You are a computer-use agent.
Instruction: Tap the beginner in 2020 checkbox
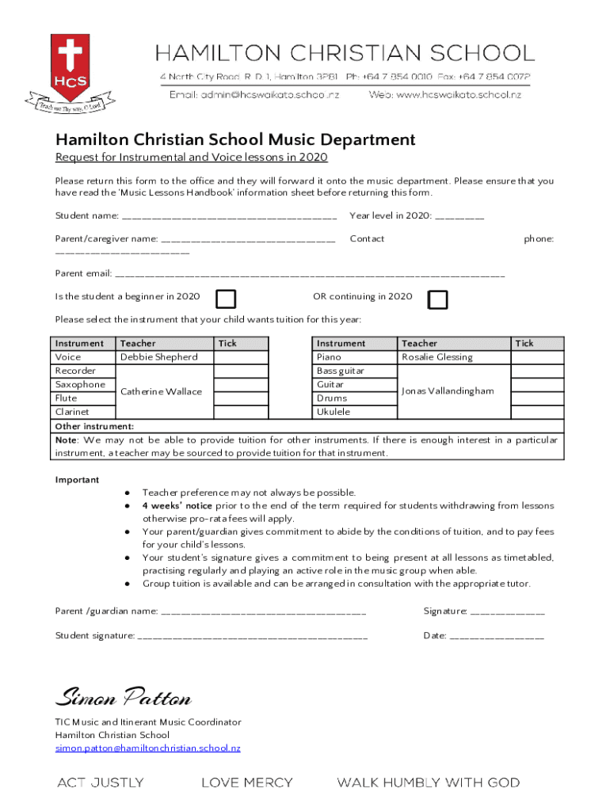pyautogui.click(x=227, y=299)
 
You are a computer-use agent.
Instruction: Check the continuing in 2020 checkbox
pyautogui.click(x=437, y=299)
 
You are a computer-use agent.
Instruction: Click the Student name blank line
pyautogui.click(x=229, y=216)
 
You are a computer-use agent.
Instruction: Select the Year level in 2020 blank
pyautogui.click(x=459, y=216)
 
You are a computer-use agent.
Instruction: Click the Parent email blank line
pyautogui.click(x=310, y=275)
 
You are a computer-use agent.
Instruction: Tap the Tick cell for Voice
pyautogui.click(x=242, y=357)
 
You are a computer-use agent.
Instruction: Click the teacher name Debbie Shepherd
pyautogui.click(x=158, y=357)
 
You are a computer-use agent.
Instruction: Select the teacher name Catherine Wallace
pyautogui.click(x=161, y=391)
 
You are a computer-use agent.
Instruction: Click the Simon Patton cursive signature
pyautogui.click(x=123, y=699)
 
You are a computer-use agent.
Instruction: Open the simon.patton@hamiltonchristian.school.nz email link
pyautogui.click(x=147, y=748)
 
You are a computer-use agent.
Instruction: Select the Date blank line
pyautogui.click(x=496, y=636)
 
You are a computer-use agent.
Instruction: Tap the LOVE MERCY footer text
pyautogui.click(x=246, y=782)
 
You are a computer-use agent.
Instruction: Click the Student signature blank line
pyautogui.click(x=253, y=636)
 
